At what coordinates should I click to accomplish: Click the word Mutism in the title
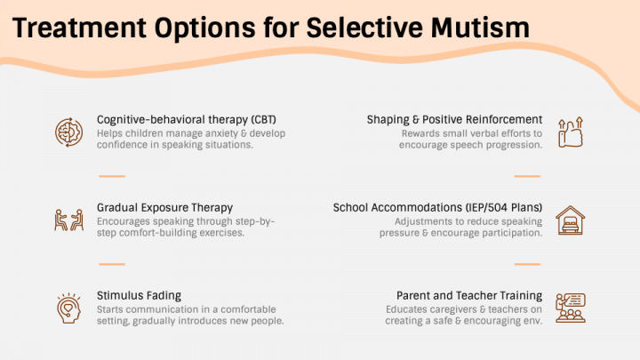tap(480, 28)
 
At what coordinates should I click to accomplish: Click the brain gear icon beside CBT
tap(69, 132)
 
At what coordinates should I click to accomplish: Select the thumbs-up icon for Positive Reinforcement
tap(570, 132)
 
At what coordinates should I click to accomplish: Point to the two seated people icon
tap(69, 220)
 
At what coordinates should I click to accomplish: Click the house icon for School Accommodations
tap(570, 220)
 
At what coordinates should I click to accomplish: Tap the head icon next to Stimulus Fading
tap(68, 308)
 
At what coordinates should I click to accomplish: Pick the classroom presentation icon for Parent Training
tap(570, 308)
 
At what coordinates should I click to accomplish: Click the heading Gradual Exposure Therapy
tap(164, 208)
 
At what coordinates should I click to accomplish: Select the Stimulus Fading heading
tap(139, 295)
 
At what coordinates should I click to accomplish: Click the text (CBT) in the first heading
tap(264, 120)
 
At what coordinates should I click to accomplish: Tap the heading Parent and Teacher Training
tap(469, 295)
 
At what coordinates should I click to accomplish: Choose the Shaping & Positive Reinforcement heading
tap(454, 120)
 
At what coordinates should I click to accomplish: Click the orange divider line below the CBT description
tap(112, 176)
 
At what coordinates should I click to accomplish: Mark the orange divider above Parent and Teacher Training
tap(527, 264)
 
